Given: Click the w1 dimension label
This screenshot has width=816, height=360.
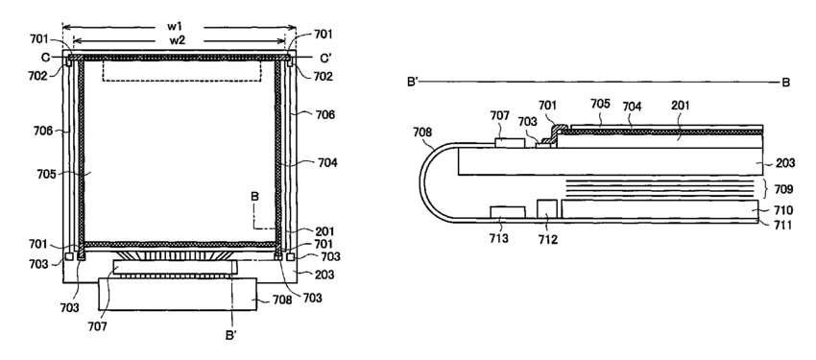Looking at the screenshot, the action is (179, 27).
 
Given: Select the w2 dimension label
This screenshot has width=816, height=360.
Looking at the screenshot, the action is (179, 40).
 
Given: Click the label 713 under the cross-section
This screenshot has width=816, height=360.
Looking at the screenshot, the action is (499, 238).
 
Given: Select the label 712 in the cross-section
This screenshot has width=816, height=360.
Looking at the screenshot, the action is (547, 239).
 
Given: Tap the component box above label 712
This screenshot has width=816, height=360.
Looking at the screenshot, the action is (547, 208).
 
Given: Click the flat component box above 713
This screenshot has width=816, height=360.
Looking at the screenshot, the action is (508, 212).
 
